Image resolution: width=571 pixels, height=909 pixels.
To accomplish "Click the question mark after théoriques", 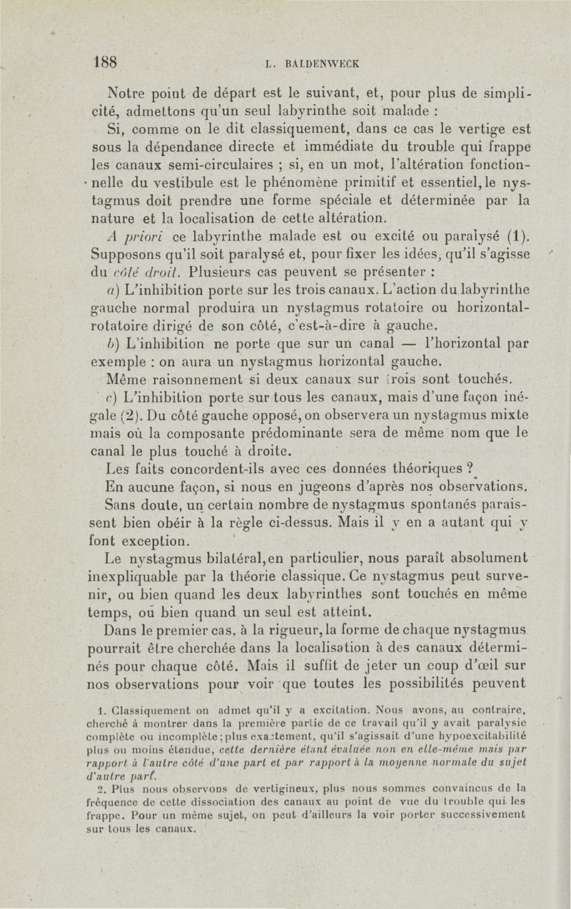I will coord(470,468).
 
